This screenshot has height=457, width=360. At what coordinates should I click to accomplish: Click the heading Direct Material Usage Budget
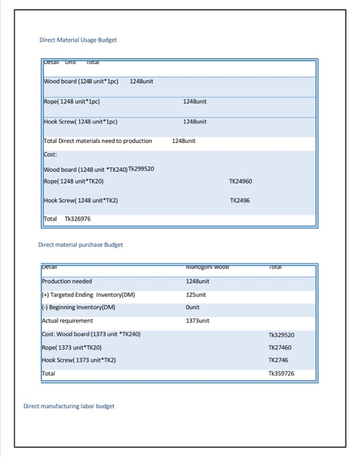point(78,40)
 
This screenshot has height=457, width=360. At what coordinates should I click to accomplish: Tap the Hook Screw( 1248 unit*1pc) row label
point(80,121)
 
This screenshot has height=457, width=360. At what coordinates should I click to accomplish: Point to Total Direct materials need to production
point(98,140)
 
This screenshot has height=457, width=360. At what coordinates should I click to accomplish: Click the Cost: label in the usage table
point(50,155)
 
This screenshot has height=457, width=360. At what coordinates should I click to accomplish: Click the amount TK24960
point(241,181)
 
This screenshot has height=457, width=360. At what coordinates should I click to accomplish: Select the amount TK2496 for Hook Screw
point(241,200)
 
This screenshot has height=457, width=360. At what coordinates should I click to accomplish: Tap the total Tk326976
point(77,219)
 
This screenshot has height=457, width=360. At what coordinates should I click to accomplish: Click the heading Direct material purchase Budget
point(81,245)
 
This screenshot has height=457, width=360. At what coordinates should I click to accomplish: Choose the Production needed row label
point(67,281)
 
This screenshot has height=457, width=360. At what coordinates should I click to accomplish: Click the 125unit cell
point(196,294)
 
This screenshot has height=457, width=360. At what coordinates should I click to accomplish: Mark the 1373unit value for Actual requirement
point(198,321)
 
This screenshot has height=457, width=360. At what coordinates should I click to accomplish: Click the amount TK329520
point(281,334)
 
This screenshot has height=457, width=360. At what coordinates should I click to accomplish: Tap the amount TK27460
point(280,347)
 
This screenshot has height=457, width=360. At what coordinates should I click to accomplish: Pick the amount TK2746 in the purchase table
point(278,360)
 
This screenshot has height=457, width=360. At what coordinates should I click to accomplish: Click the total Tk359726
point(281,374)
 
